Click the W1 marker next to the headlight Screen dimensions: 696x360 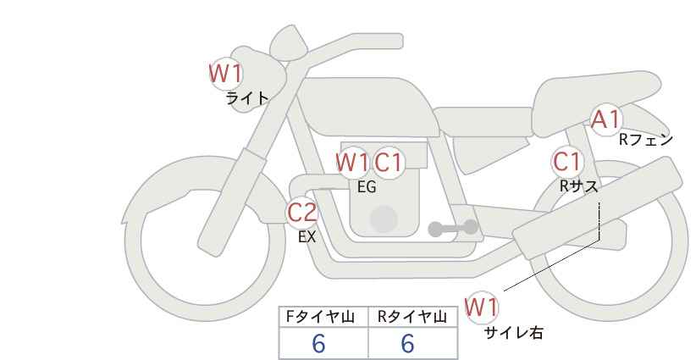click(226, 74)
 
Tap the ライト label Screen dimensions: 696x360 click(247, 98)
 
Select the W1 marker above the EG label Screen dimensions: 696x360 click(352, 163)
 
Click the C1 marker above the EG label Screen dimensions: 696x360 click(389, 163)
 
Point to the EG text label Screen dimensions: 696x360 click(367, 187)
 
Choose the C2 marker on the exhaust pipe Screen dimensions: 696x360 click(302, 212)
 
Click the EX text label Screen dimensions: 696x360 click(307, 237)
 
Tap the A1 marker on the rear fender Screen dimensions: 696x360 click(605, 119)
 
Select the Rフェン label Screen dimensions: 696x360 click(646, 140)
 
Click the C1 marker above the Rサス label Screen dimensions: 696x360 click(567, 162)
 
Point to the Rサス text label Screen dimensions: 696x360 click(578, 186)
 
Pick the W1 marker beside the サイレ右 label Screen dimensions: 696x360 click(482, 307)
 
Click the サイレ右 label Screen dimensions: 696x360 click(514, 333)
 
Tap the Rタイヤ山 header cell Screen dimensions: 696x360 click(413, 317)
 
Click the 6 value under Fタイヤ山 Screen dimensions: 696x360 click(318, 343)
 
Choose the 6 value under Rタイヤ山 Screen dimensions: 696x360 click(407, 343)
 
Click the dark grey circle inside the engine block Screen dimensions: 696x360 click(384, 219)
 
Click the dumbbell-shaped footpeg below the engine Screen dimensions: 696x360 click(453, 228)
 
